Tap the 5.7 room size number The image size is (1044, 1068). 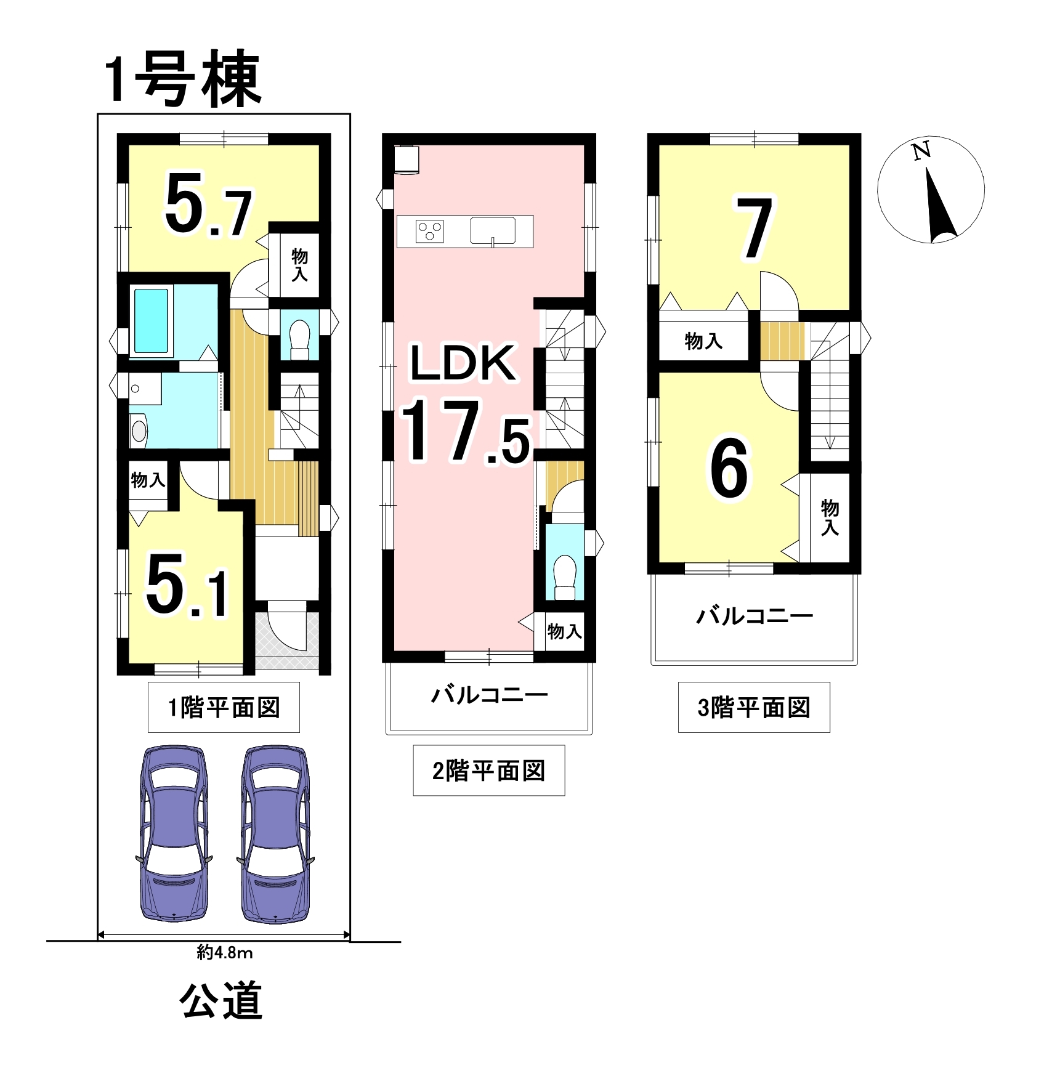208,206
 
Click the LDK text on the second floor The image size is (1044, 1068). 463,363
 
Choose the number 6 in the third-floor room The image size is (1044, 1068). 729,469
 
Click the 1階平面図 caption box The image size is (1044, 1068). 224,708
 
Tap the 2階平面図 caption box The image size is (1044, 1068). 489,771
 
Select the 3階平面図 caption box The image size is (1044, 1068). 754,708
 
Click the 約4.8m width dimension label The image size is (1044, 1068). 225,953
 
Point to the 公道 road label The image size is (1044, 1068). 221,1001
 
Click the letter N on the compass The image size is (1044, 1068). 921,152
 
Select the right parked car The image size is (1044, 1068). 275,834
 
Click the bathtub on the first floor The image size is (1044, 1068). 152,321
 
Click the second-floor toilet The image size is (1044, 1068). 565,577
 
